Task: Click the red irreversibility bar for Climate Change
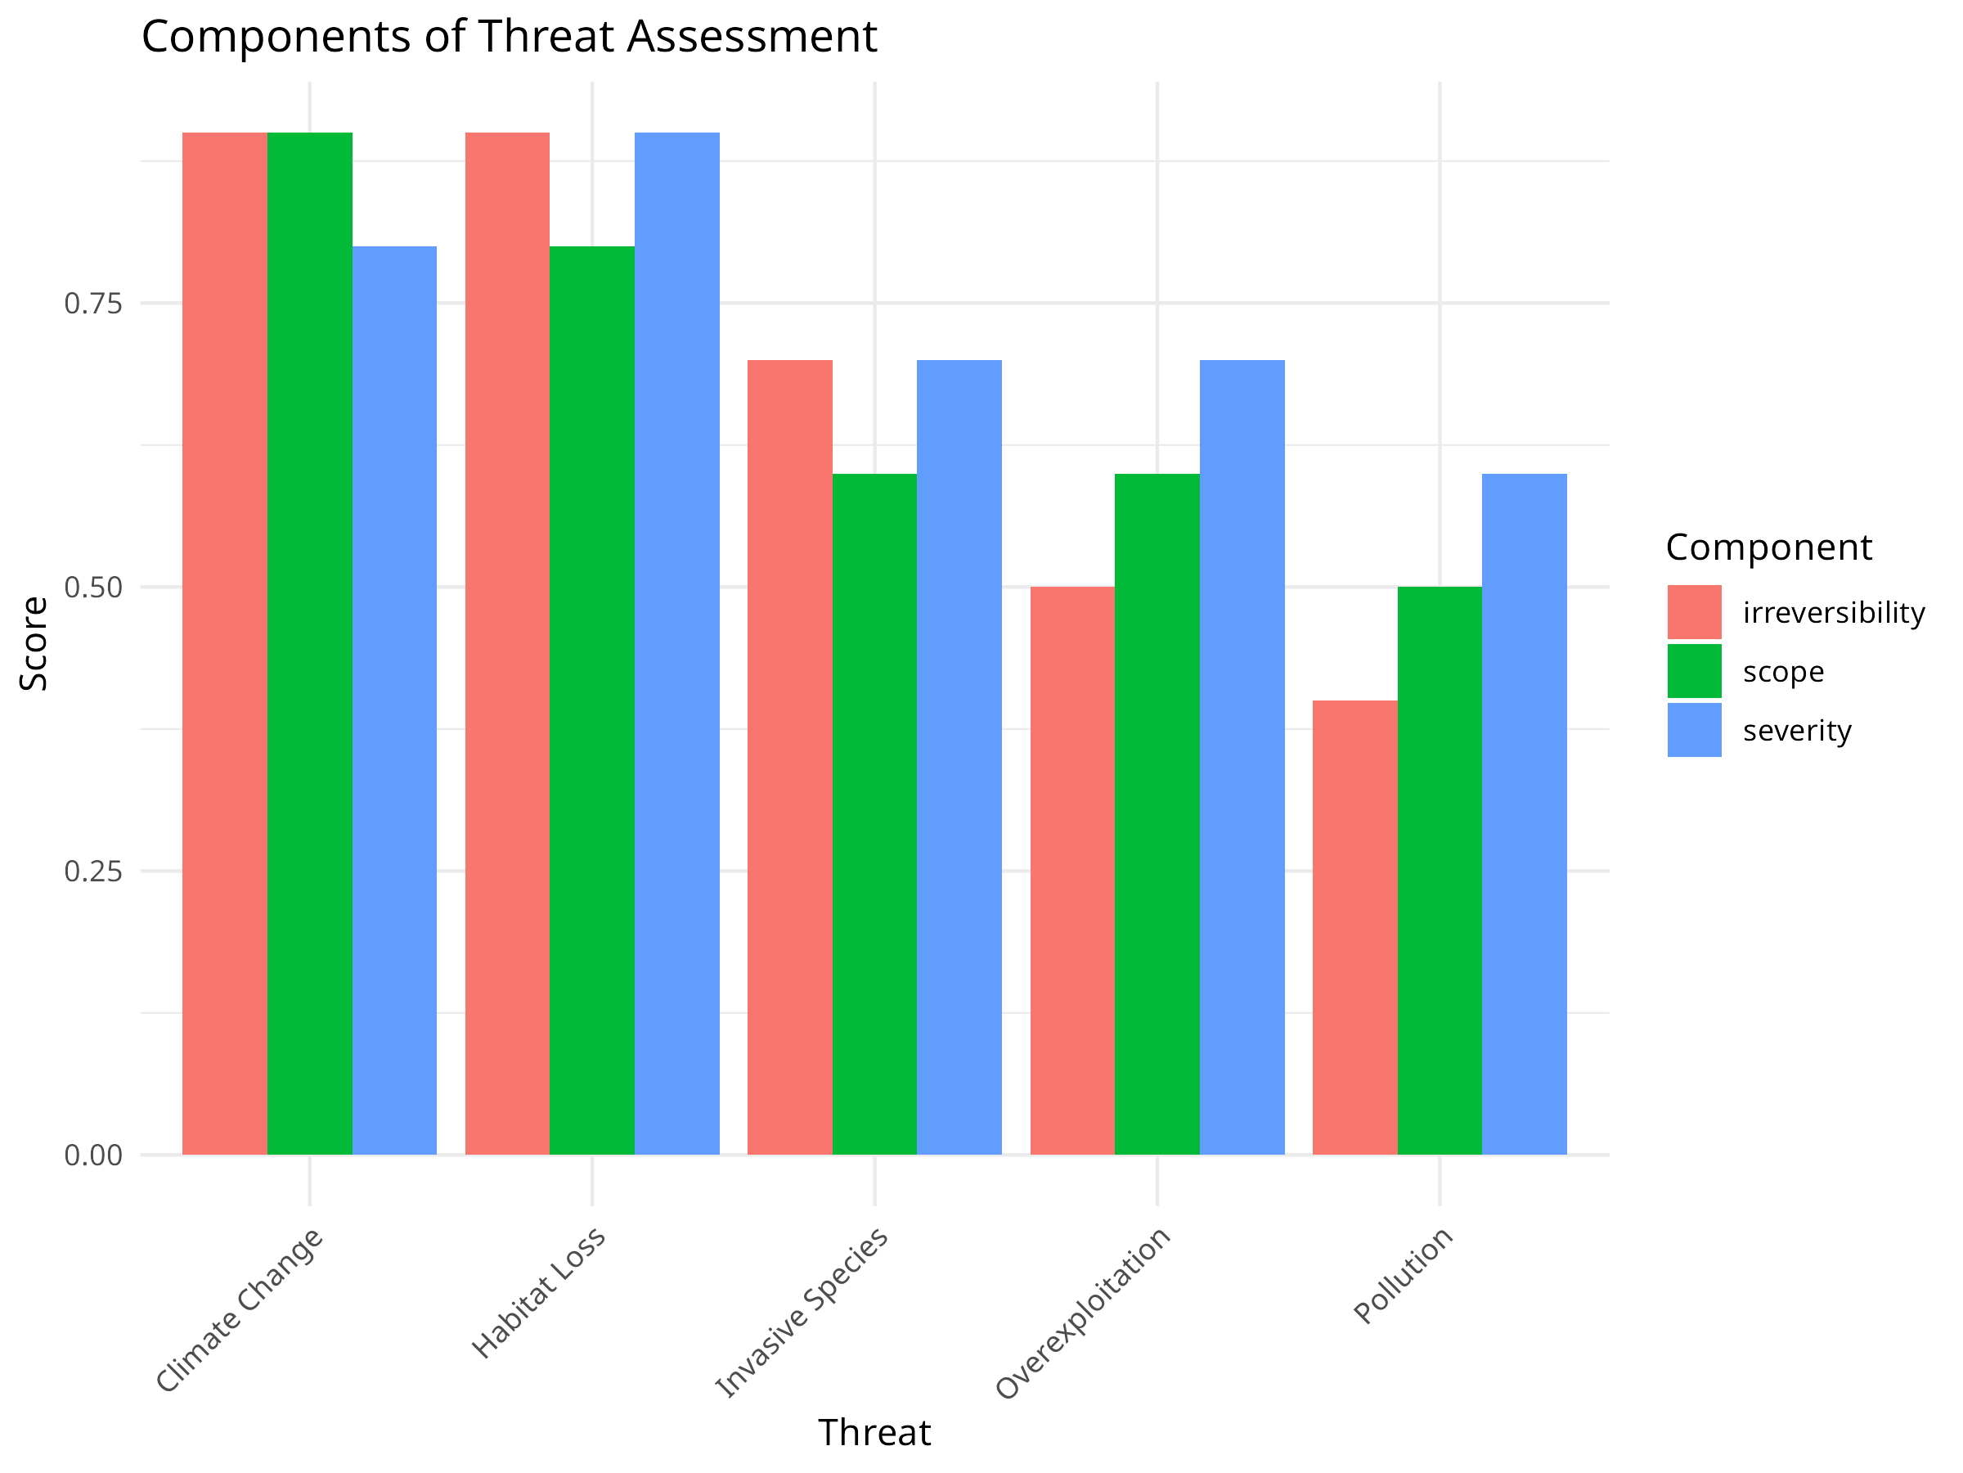click(x=225, y=643)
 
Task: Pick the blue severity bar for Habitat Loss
click(x=677, y=643)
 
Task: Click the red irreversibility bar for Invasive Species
click(x=790, y=756)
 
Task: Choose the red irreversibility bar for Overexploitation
click(x=1072, y=870)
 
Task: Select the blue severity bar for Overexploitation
click(x=1242, y=756)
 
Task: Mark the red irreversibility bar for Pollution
click(x=1354, y=927)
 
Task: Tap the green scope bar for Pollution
click(x=1440, y=870)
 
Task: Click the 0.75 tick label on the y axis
click(x=93, y=304)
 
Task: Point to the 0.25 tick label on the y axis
click(x=93, y=871)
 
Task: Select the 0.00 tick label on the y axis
click(x=93, y=1155)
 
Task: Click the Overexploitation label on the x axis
click(x=1085, y=1313)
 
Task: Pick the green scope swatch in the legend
click(x=1694, y=671)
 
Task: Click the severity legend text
click(x=1797, y=731)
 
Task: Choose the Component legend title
click(x=1768, y=547)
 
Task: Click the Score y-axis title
click(x=34, y=643)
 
